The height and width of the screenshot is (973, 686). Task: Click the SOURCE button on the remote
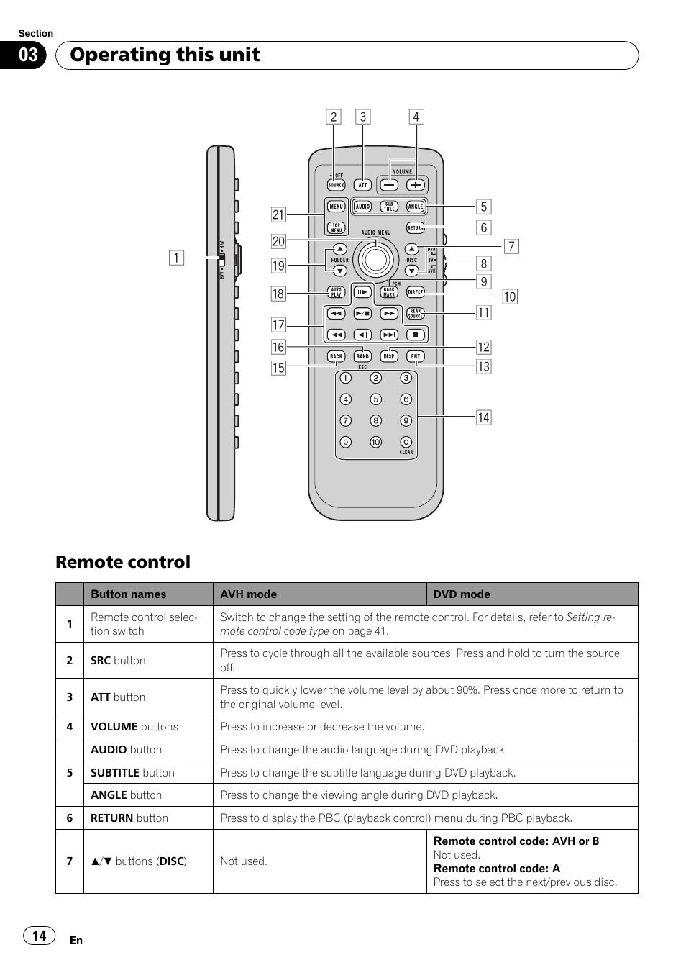[x=336, y=185]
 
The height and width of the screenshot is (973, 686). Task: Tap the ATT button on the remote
[x=363, y=185]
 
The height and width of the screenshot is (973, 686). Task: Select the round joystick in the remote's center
[x=375, y=258]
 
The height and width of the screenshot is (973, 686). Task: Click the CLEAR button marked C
[x=406, y=442]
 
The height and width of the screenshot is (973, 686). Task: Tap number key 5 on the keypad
[x=375, y=399]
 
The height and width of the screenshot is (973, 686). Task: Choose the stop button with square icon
[x=416, y=335]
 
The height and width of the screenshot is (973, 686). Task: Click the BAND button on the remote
[x=362, y=356]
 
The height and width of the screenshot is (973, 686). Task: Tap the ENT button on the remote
[x=416, y=356]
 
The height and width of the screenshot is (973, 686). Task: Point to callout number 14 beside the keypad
[x=483, y=417]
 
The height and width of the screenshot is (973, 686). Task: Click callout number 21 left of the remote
[x=278, y=214]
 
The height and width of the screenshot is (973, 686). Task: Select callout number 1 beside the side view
[x=175, y=258]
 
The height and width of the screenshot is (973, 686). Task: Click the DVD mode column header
[x=462, y=594]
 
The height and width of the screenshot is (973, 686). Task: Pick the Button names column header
[x=128, y=594]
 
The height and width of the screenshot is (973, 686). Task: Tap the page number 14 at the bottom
[x=39, y=936]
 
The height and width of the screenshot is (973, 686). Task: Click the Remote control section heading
[x=123, y=562]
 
